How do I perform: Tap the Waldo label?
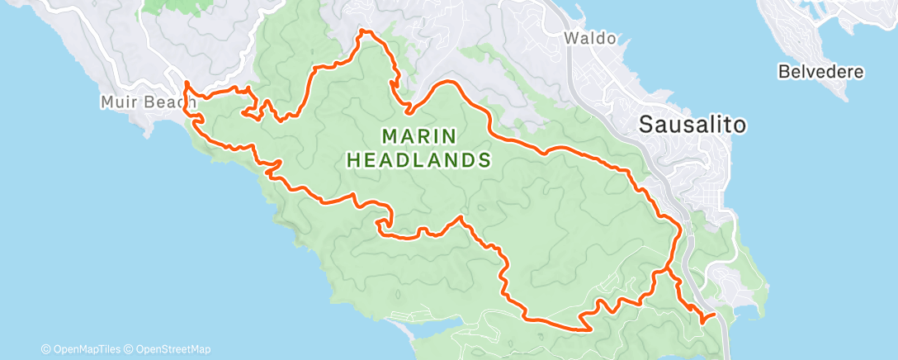coord(589,38)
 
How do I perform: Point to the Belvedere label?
coord(820,72)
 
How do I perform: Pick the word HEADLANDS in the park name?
coord(418,159)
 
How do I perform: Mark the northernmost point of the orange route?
coord(363,31)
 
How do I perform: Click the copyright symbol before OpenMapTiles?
coord(46,349)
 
